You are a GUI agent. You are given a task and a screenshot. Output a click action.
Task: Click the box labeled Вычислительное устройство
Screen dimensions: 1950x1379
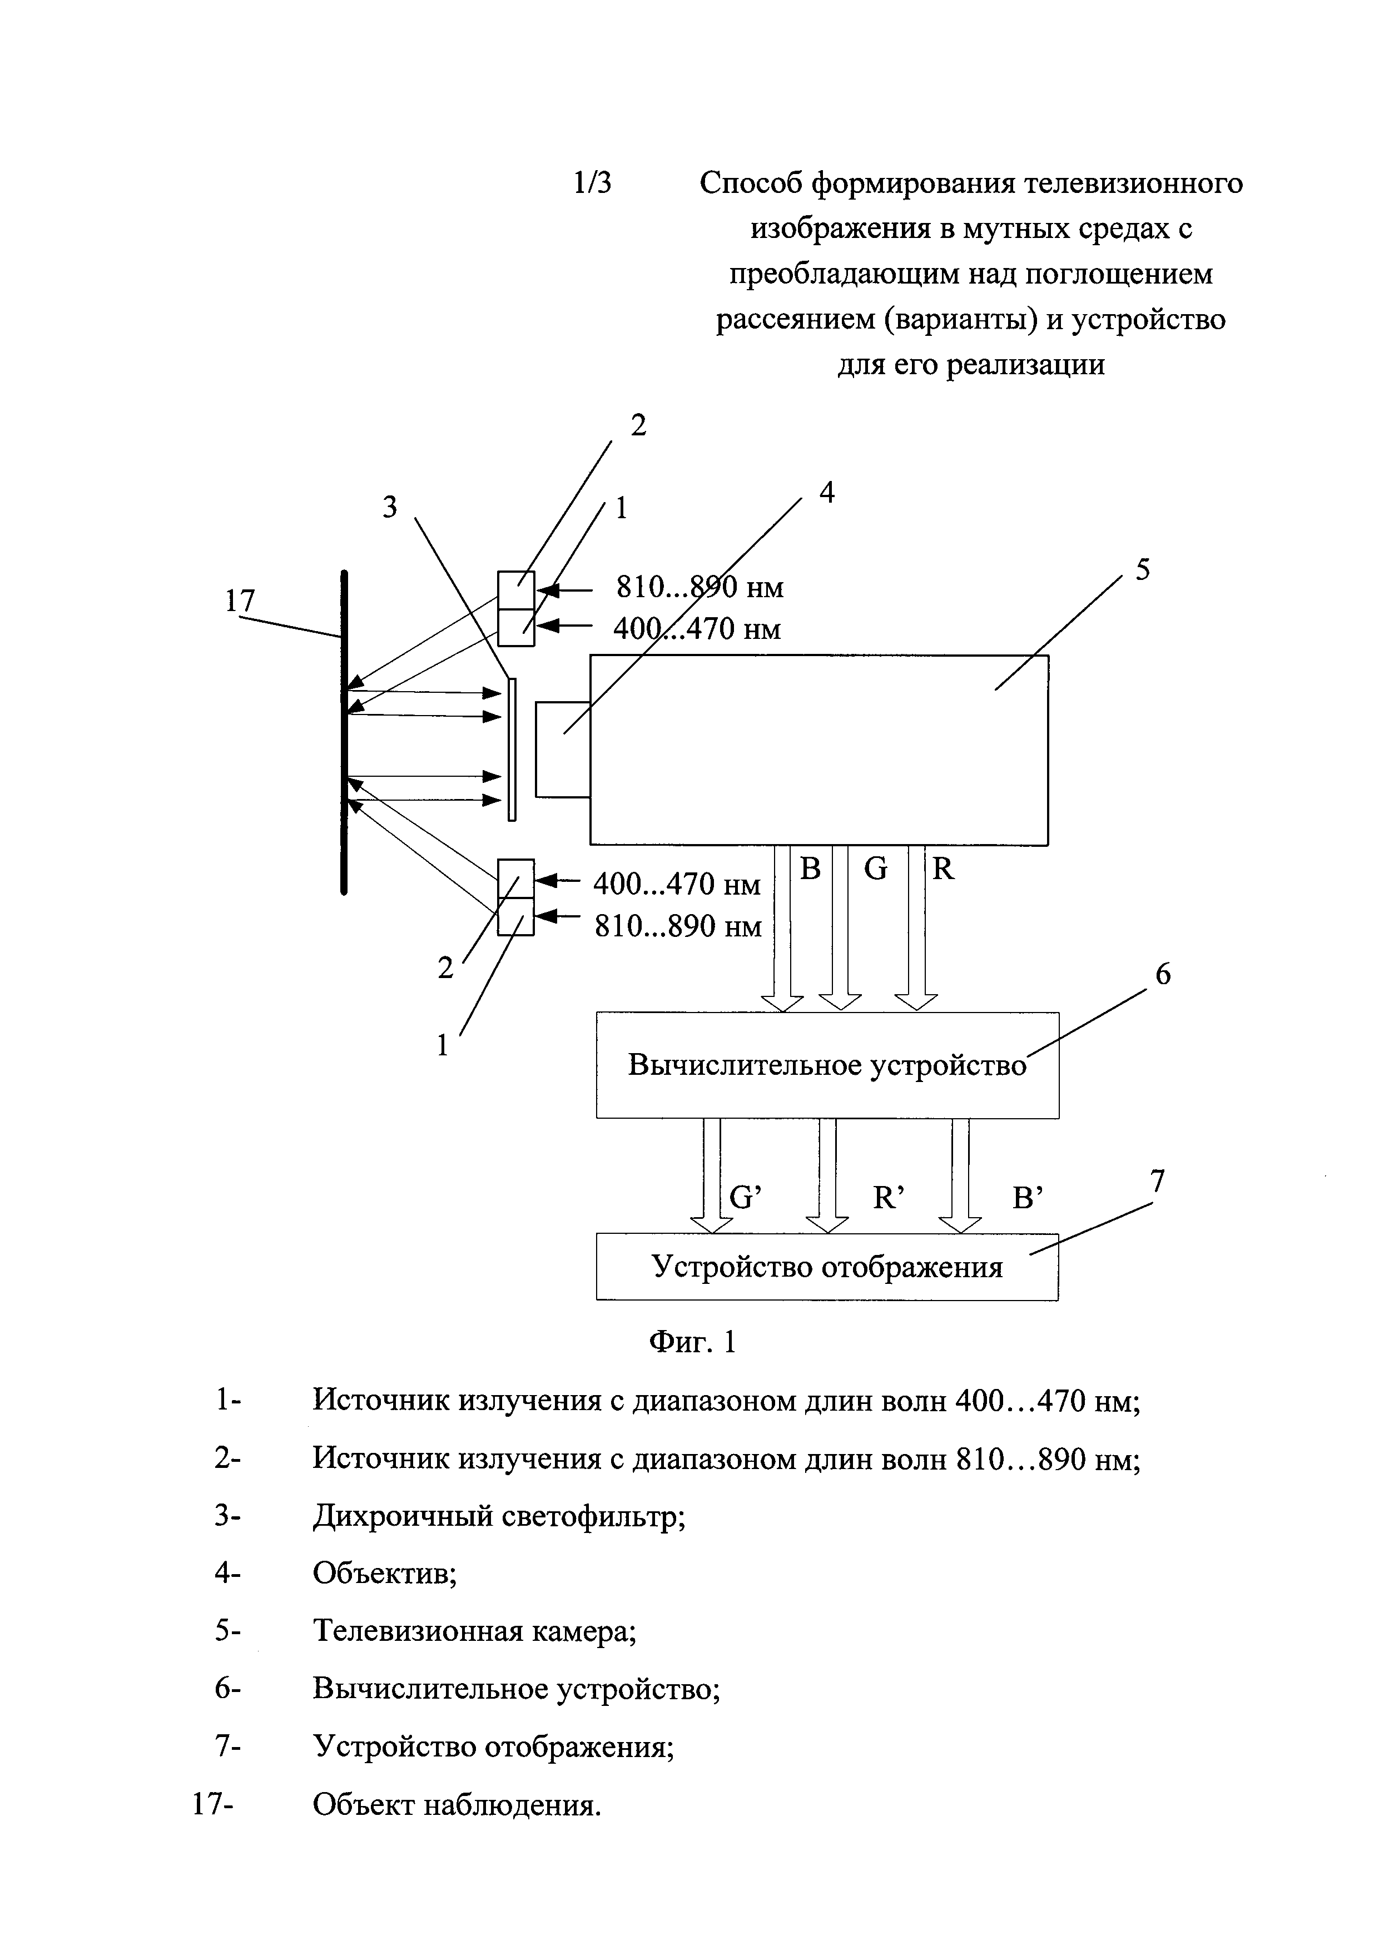point(827,1065)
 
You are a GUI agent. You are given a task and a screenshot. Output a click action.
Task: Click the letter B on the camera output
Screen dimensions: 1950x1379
point(811,869)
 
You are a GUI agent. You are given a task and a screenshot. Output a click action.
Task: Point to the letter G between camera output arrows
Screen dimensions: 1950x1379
point(875,869)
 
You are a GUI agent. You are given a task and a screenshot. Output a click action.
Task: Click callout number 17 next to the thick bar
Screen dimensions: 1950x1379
point(240,601)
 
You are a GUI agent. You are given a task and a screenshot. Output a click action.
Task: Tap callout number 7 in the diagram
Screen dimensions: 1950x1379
point(1157,1182)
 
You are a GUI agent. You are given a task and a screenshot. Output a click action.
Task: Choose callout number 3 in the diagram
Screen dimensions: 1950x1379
point(390,508)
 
